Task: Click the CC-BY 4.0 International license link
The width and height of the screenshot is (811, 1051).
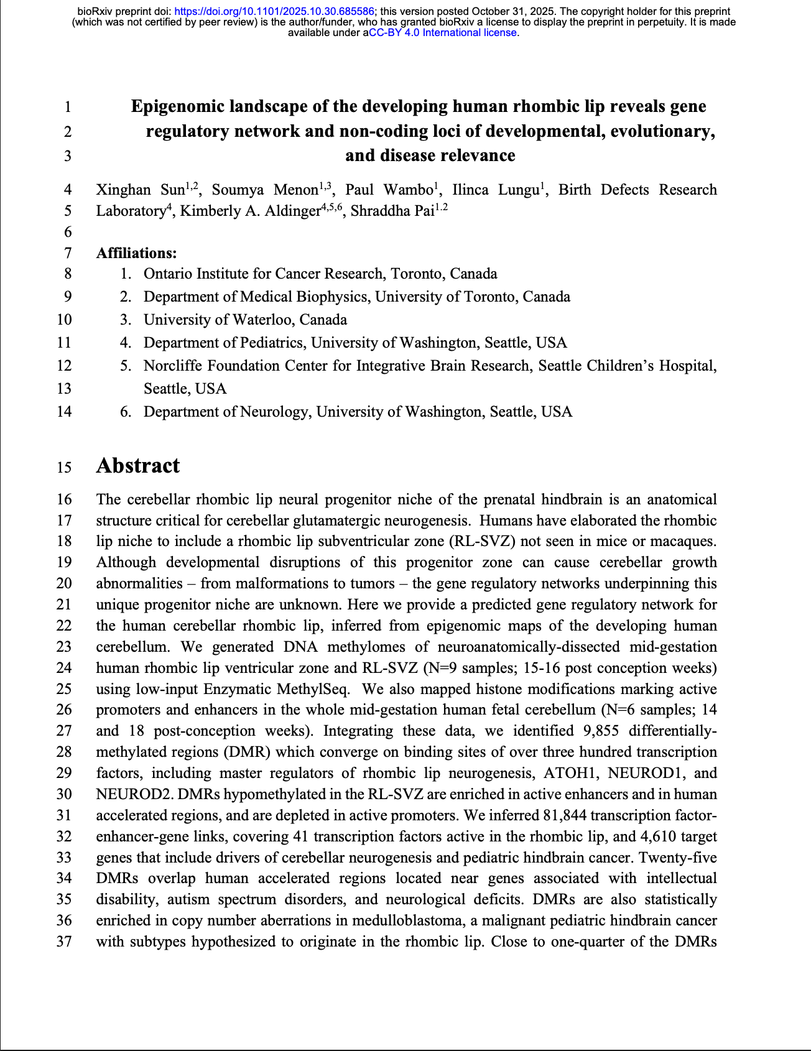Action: coord(443,33)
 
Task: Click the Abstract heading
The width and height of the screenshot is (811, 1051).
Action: coord(138,466)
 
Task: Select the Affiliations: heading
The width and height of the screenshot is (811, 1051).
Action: coord(136,253)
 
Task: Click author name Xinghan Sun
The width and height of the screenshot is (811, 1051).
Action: coord(141,190)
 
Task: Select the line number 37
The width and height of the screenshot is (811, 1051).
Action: coord(64,942)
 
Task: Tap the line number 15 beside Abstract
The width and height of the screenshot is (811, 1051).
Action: coord(64,467)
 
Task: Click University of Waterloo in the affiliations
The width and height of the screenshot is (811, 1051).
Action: coord(245,320)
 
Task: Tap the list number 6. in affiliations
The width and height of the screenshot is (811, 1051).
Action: coord(126,412)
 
